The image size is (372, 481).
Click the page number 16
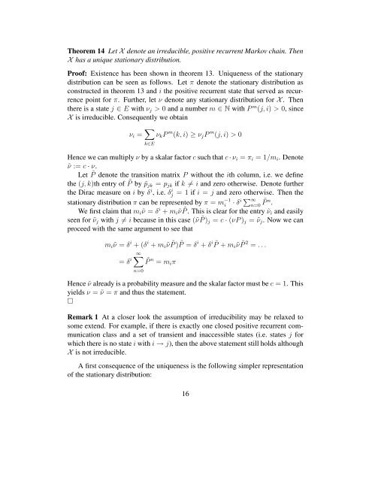point(185,456)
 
